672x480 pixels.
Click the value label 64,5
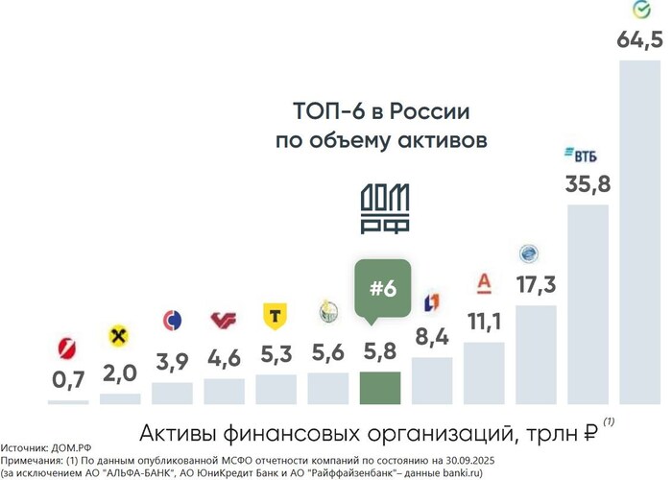click(x=636, y=43)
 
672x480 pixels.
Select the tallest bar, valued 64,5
click(x=637, y=230)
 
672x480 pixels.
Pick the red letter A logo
click(x=484, y=283)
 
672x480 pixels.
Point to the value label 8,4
click(x=431, y=337)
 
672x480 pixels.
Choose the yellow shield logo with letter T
click(x=276, y=316)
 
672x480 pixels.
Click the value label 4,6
click(x=225, y=358)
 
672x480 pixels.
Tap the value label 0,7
click(x=68, y=380)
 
